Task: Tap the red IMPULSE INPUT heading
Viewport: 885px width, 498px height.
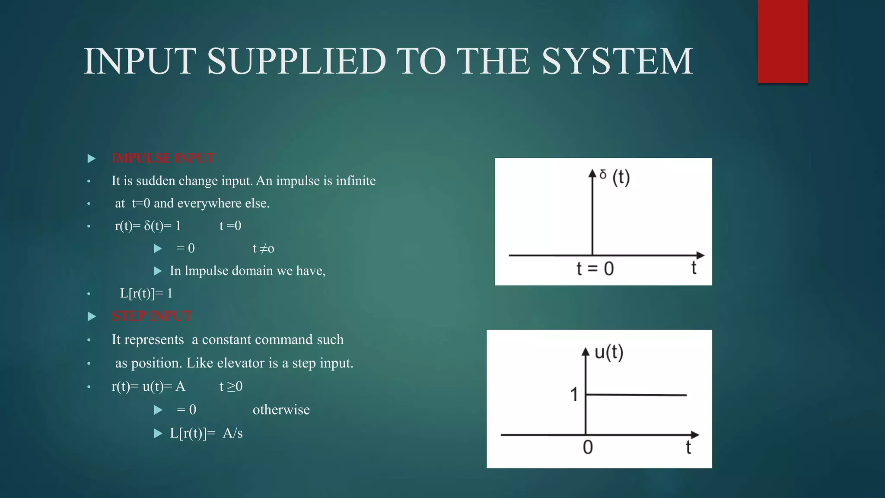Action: click(163, 158)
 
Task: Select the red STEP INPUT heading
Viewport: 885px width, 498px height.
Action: click(152, 316)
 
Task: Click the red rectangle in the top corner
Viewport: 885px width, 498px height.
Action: click(782, 41)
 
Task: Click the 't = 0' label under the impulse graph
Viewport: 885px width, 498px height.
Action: click(595, 269)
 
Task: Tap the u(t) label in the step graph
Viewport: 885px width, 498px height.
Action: click(608, 352)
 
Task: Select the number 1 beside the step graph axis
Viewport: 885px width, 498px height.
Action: click(574, 394)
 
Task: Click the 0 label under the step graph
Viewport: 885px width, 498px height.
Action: click(588, 447)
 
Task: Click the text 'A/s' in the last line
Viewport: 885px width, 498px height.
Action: click(232, 433)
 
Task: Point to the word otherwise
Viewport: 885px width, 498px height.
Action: click(281, 410)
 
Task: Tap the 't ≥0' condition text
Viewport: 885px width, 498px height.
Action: click(231, 386)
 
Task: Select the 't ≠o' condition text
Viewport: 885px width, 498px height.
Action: click(263, 249)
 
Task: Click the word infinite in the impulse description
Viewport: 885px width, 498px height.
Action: click(356, 181)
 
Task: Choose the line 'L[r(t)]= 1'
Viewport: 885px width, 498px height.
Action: click(146, 294)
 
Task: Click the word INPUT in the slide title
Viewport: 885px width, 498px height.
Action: click(140, 61)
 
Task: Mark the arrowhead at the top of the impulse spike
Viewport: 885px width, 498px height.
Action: click(592, 173)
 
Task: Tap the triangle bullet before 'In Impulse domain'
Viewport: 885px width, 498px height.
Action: click(158, 271)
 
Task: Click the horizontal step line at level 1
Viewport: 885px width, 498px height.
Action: click(636, 395)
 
